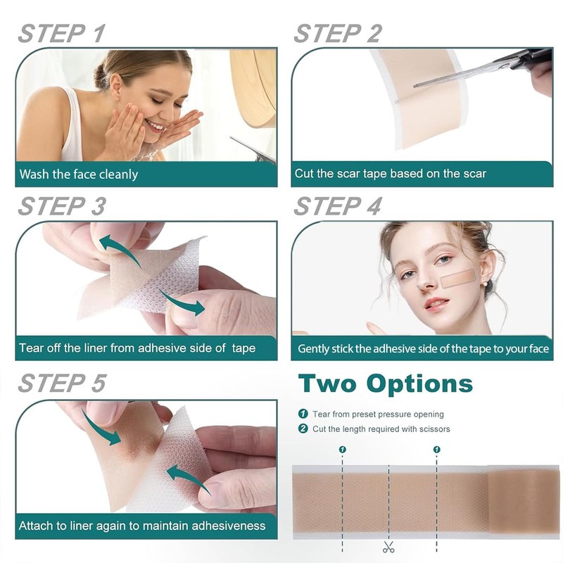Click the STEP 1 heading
61,33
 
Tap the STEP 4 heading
337,207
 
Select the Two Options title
385,384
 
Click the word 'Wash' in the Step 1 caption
34,174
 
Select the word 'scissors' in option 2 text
431,429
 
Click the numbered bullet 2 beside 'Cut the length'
303,429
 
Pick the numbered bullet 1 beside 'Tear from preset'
303,414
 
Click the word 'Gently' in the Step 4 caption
314,348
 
